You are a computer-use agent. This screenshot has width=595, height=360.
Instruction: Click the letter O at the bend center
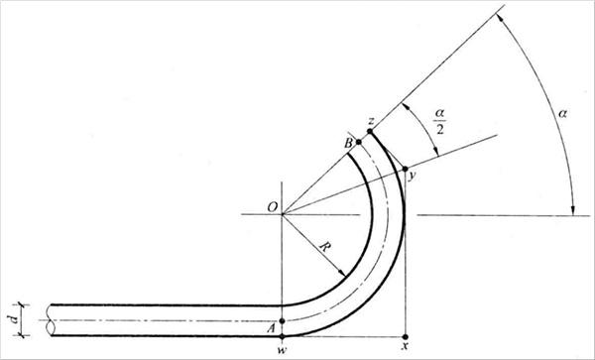tap(273, 207)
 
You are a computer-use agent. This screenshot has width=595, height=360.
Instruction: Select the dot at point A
tap(282, 321)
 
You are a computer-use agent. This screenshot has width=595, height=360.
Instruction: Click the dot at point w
tap(282, 336)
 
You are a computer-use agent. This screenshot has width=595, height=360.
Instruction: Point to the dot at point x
tap(406, 336)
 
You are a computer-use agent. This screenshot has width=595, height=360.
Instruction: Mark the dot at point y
tap(406, 169)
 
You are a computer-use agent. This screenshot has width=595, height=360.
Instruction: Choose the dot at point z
tap(370, 131)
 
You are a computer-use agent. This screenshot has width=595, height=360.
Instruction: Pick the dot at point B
tap(359, 142)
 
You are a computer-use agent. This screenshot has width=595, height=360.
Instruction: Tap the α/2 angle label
tap(439, 122)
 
